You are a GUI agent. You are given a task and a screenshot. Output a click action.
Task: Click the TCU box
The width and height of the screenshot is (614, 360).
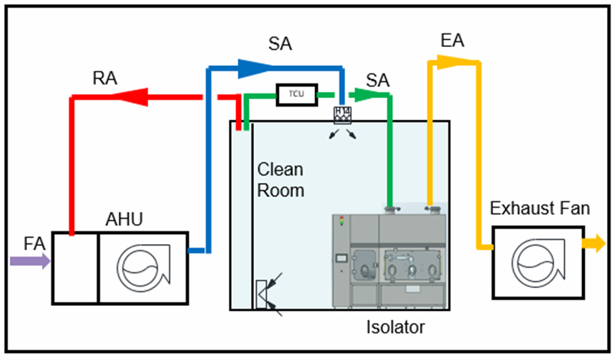[x=295, y=94]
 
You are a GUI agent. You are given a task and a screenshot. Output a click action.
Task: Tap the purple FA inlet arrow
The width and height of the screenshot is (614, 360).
[x=30, y=262]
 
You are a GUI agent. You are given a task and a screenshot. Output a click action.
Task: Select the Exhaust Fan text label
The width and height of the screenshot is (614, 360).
[x=540, y=208]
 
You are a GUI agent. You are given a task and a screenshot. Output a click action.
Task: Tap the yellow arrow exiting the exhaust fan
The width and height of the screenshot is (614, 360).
[x=593, y=245]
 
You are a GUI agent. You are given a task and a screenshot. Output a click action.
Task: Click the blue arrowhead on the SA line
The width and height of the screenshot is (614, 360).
[x=250, y=68]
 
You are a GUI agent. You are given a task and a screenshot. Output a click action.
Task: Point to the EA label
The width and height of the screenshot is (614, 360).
[x=452, y=41]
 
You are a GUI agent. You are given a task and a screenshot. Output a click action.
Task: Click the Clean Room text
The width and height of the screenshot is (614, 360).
[x=280, y=180]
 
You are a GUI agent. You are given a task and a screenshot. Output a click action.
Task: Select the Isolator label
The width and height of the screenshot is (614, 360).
[x=396, y=328]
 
